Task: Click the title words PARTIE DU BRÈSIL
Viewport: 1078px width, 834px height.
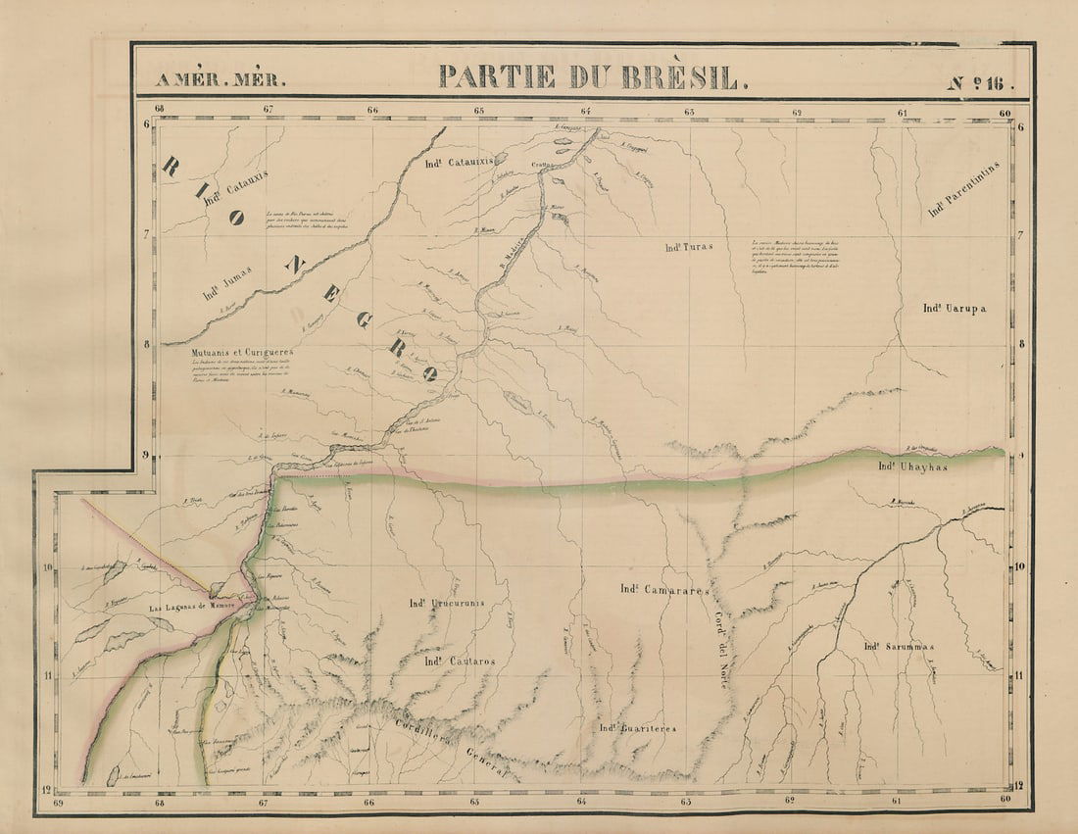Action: [x=592, y=76]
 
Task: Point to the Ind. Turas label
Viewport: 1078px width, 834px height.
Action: [x=686, y=247]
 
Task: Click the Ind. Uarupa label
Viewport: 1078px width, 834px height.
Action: [x=954, y=309]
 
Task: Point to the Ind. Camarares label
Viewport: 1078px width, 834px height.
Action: [x=663, y=589]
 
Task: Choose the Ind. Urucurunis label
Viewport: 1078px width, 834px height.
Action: [x=446, y=602]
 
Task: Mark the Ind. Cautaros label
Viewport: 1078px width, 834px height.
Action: [x=460, y=662]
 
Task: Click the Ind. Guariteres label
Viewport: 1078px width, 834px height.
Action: [x=638, y=728]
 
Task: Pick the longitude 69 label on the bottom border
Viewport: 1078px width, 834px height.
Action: [x=60, y=802]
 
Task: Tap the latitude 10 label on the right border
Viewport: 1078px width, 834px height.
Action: [x=1019, y=567]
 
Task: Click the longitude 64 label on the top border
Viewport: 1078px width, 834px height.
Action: [x=585, y=111]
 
